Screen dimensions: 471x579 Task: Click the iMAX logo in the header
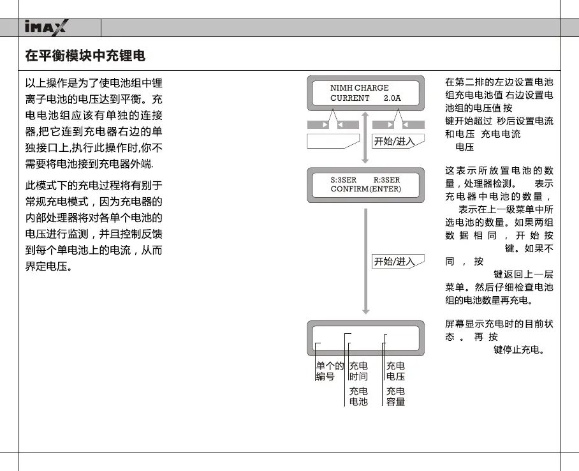(48, 27)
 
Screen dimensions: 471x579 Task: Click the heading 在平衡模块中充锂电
(85, 56)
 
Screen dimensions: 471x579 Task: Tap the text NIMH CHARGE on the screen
(359, 88)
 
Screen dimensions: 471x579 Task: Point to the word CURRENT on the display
(349, 98)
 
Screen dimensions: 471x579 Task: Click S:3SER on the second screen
(344, 180)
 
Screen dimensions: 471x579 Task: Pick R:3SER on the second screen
(386, 180)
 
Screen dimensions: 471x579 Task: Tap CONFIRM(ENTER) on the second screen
(365, 189)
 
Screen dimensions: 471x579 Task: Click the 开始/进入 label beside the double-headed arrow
(394, 142)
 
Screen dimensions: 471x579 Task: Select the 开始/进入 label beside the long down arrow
(394, 262)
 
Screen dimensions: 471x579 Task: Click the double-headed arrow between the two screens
(366, 138)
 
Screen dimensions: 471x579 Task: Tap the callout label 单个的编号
(330, 371)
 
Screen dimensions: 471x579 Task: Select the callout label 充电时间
(358, 371)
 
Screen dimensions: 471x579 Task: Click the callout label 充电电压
(395, 371)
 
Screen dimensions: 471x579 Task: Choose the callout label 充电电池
(358, 396)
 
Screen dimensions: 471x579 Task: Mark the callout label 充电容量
(395, 396)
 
